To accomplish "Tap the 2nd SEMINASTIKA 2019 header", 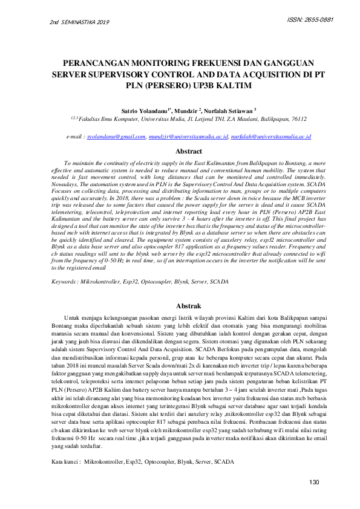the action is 79,23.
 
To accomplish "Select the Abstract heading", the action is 188,152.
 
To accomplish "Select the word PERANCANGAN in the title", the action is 102,63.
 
